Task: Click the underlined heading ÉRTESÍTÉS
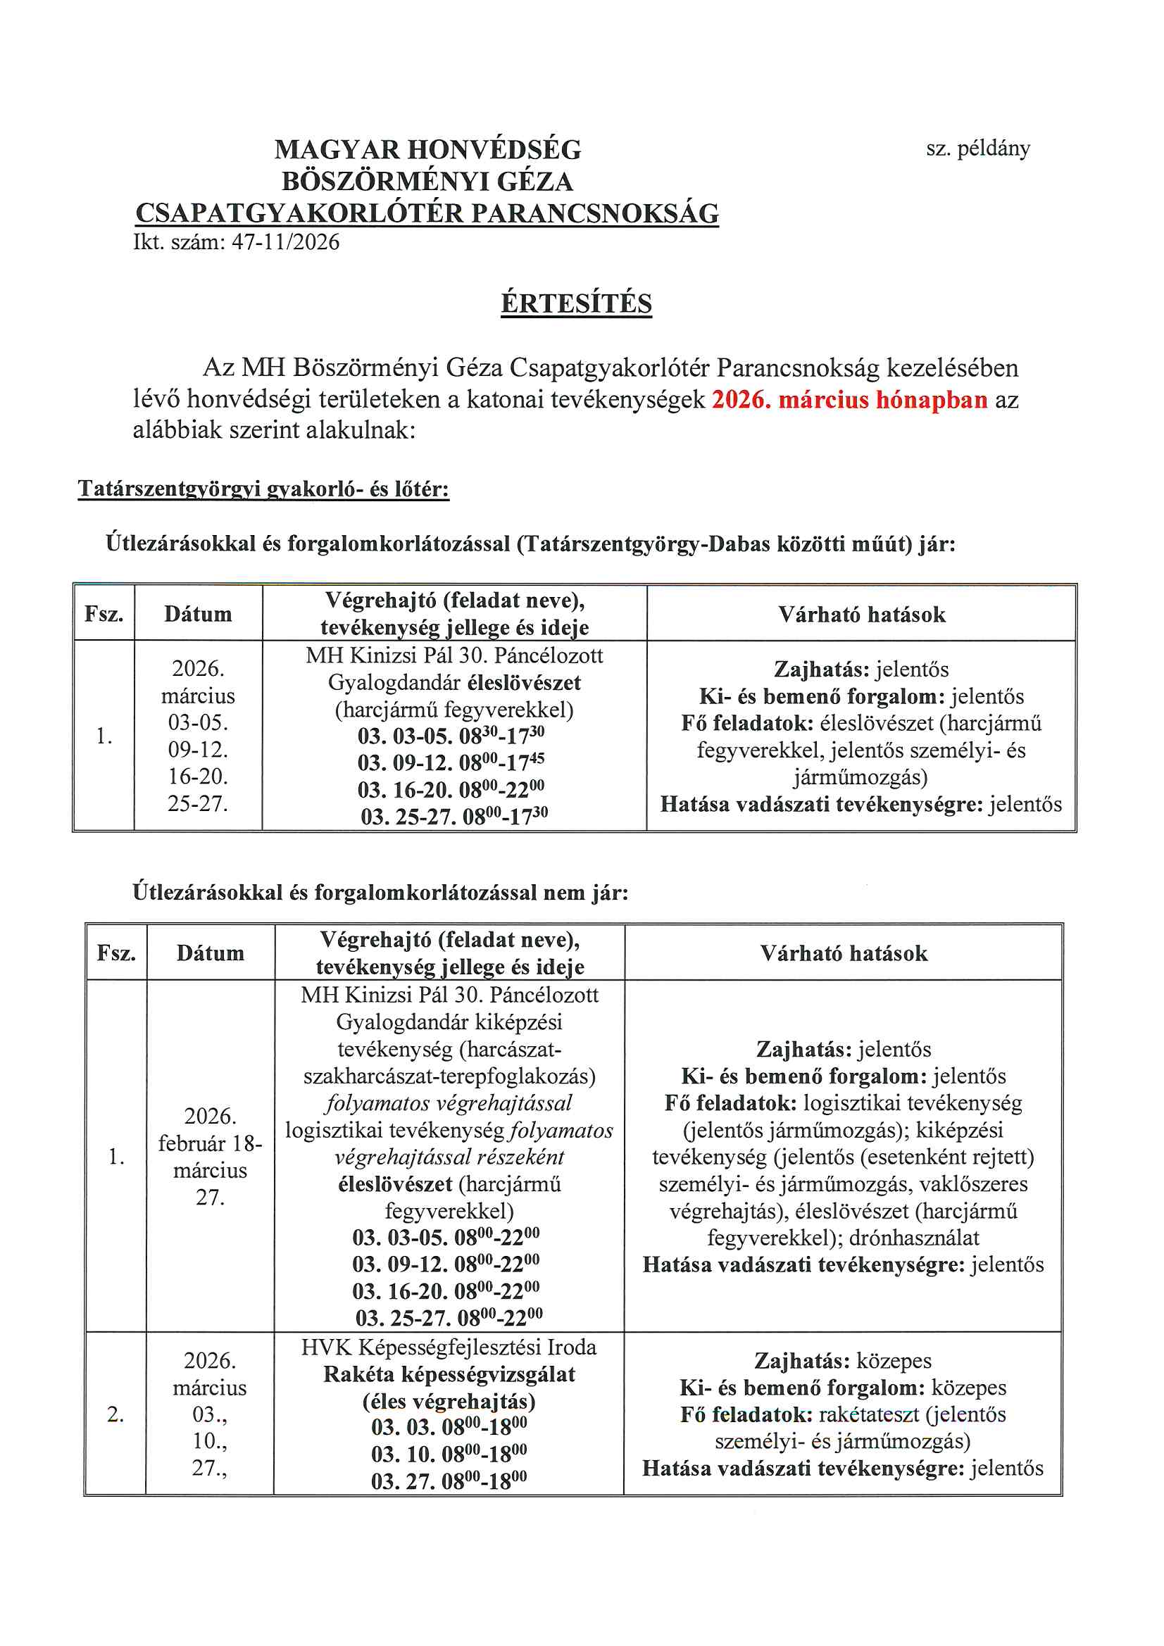pos(576,303)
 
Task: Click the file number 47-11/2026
pos(285,242)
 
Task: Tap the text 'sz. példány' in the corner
pos(977,149)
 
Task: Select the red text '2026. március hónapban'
pos(849,399)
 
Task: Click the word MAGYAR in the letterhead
pos(337,150)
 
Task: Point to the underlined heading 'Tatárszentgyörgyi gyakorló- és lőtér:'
pos(263,489)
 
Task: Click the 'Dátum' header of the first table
pos(198,615)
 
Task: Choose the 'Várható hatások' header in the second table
pos(844,953)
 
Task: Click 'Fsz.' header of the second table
pos(116,953)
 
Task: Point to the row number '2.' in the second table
pos(115,1414)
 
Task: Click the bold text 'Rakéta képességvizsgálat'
pos(449,1374)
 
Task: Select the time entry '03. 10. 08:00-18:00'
pos(449,1454)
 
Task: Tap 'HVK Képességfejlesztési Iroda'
pos(449,1347)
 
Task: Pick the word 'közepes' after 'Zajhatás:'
pos(894,1361)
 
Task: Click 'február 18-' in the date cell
pos(210,1143)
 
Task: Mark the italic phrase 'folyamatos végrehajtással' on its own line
pos(449,1103)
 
